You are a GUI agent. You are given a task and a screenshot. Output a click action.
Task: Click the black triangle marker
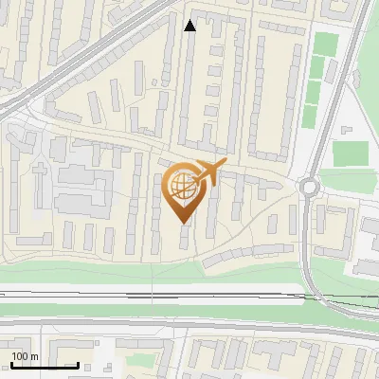190,26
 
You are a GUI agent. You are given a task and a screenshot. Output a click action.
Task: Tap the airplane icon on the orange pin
210,173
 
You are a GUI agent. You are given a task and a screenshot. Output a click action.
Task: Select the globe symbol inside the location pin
183,187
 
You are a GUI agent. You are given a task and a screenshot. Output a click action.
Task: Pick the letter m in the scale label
34,356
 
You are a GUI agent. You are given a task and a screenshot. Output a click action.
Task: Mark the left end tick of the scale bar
11,365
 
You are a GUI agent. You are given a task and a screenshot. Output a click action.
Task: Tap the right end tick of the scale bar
78,365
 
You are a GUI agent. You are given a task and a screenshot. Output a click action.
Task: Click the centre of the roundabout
309,187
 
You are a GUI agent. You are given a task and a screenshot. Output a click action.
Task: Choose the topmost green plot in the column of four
325,45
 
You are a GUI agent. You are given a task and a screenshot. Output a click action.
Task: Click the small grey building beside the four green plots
347,124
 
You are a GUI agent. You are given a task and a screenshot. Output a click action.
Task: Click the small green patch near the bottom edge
142,361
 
